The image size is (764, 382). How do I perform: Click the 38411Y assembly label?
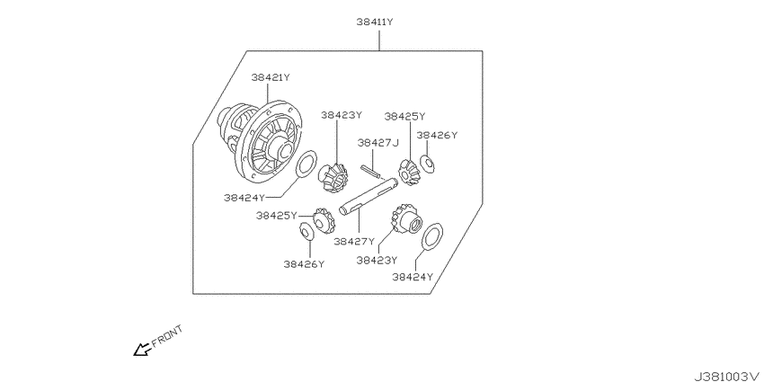point(375,22)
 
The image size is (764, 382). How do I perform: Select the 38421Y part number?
point(271,77)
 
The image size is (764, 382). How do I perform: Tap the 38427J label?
point(378,143)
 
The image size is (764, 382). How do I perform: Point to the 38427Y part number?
point(354,241)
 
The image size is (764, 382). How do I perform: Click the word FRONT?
point(167,336)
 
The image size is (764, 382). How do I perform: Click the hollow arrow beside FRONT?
point(142,349)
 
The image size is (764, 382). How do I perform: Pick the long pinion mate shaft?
point(368,197)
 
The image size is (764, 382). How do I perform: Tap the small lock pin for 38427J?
point(372,171)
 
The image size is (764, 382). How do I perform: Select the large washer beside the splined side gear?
point(431,236)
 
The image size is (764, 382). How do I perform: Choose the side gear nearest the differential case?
point(333,178)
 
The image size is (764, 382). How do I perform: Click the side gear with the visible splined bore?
point(404,218)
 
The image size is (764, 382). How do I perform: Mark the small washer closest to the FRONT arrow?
point(306,231)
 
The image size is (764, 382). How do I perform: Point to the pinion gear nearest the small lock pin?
point(409,172)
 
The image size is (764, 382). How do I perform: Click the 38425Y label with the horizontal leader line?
point(276,216)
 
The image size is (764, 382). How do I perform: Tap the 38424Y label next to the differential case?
point(244,198)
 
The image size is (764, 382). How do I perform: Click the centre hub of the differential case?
point(282,147)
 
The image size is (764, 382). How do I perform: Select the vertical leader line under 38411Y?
point(378,39)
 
